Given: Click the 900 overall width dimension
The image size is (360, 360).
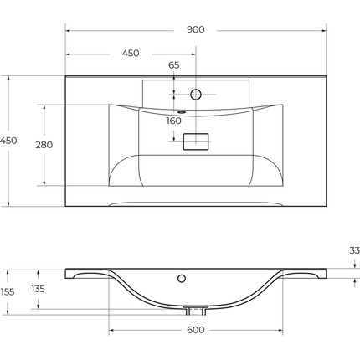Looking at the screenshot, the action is tap(195, 29).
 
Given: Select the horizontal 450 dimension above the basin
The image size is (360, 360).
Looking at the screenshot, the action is tap(131, 53).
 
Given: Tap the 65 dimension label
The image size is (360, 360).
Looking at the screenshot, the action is tap(173, 65).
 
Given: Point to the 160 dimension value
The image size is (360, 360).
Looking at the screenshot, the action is tap(173, 121).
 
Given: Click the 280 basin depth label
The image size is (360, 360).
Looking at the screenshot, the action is tap(44, 145).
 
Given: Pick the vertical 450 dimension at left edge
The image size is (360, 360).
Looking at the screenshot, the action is tap(8, 141).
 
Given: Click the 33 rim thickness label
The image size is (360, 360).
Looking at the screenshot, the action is tap(354, 250).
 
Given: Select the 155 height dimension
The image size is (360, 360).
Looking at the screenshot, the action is tap(8, 292).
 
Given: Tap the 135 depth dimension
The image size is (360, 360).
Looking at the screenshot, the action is tap(38, 289).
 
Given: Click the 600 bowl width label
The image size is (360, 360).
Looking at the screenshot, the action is tap(196, 330).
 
